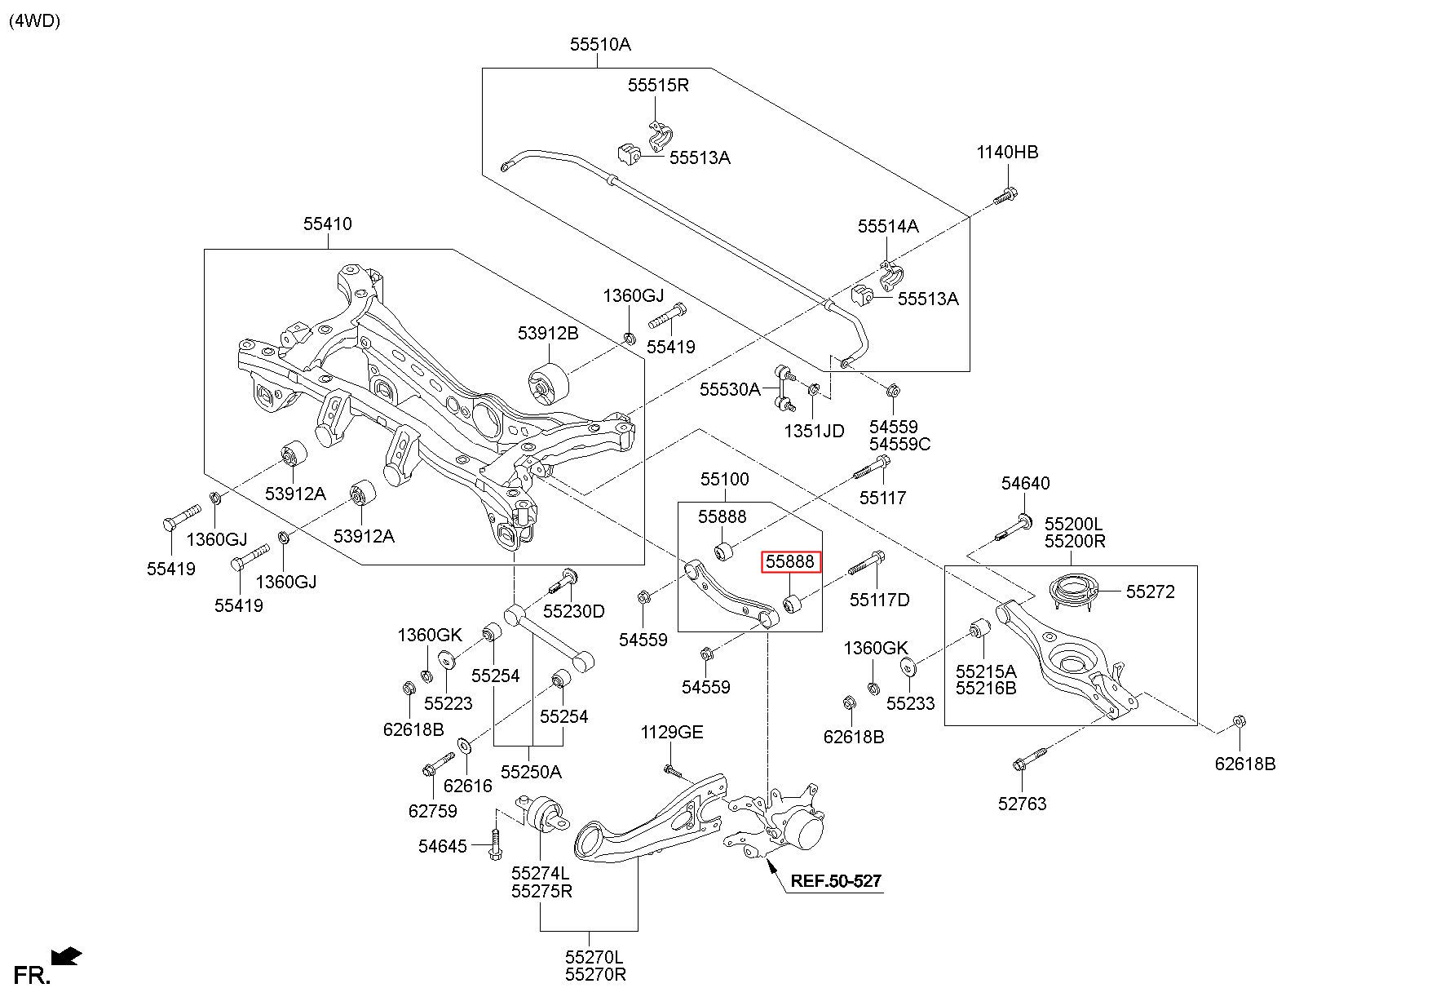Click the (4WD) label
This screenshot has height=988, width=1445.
[35, 21]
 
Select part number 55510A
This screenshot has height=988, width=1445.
[600, 45]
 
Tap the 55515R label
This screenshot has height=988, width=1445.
[658, 85]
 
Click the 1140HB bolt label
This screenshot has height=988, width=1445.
[1008, 153]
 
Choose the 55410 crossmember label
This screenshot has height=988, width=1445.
[328, 224]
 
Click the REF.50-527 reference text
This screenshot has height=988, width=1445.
[836, 881]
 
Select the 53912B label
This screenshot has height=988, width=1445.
[548, 333]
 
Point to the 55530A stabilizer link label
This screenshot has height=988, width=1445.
[730, 390]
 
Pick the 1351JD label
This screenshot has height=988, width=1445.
[815, 431]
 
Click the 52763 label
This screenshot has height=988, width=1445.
[1022, 804]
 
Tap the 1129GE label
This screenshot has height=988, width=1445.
[672, 733]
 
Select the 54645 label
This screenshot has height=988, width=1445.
[443, 846]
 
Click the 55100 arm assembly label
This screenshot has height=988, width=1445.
[724, 479]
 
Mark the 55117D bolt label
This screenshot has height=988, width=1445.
[879, 600]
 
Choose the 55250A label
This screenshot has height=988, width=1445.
[531, 772]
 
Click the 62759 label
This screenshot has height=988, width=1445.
[432, 811]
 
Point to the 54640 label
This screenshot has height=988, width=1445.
[1026, 484]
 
